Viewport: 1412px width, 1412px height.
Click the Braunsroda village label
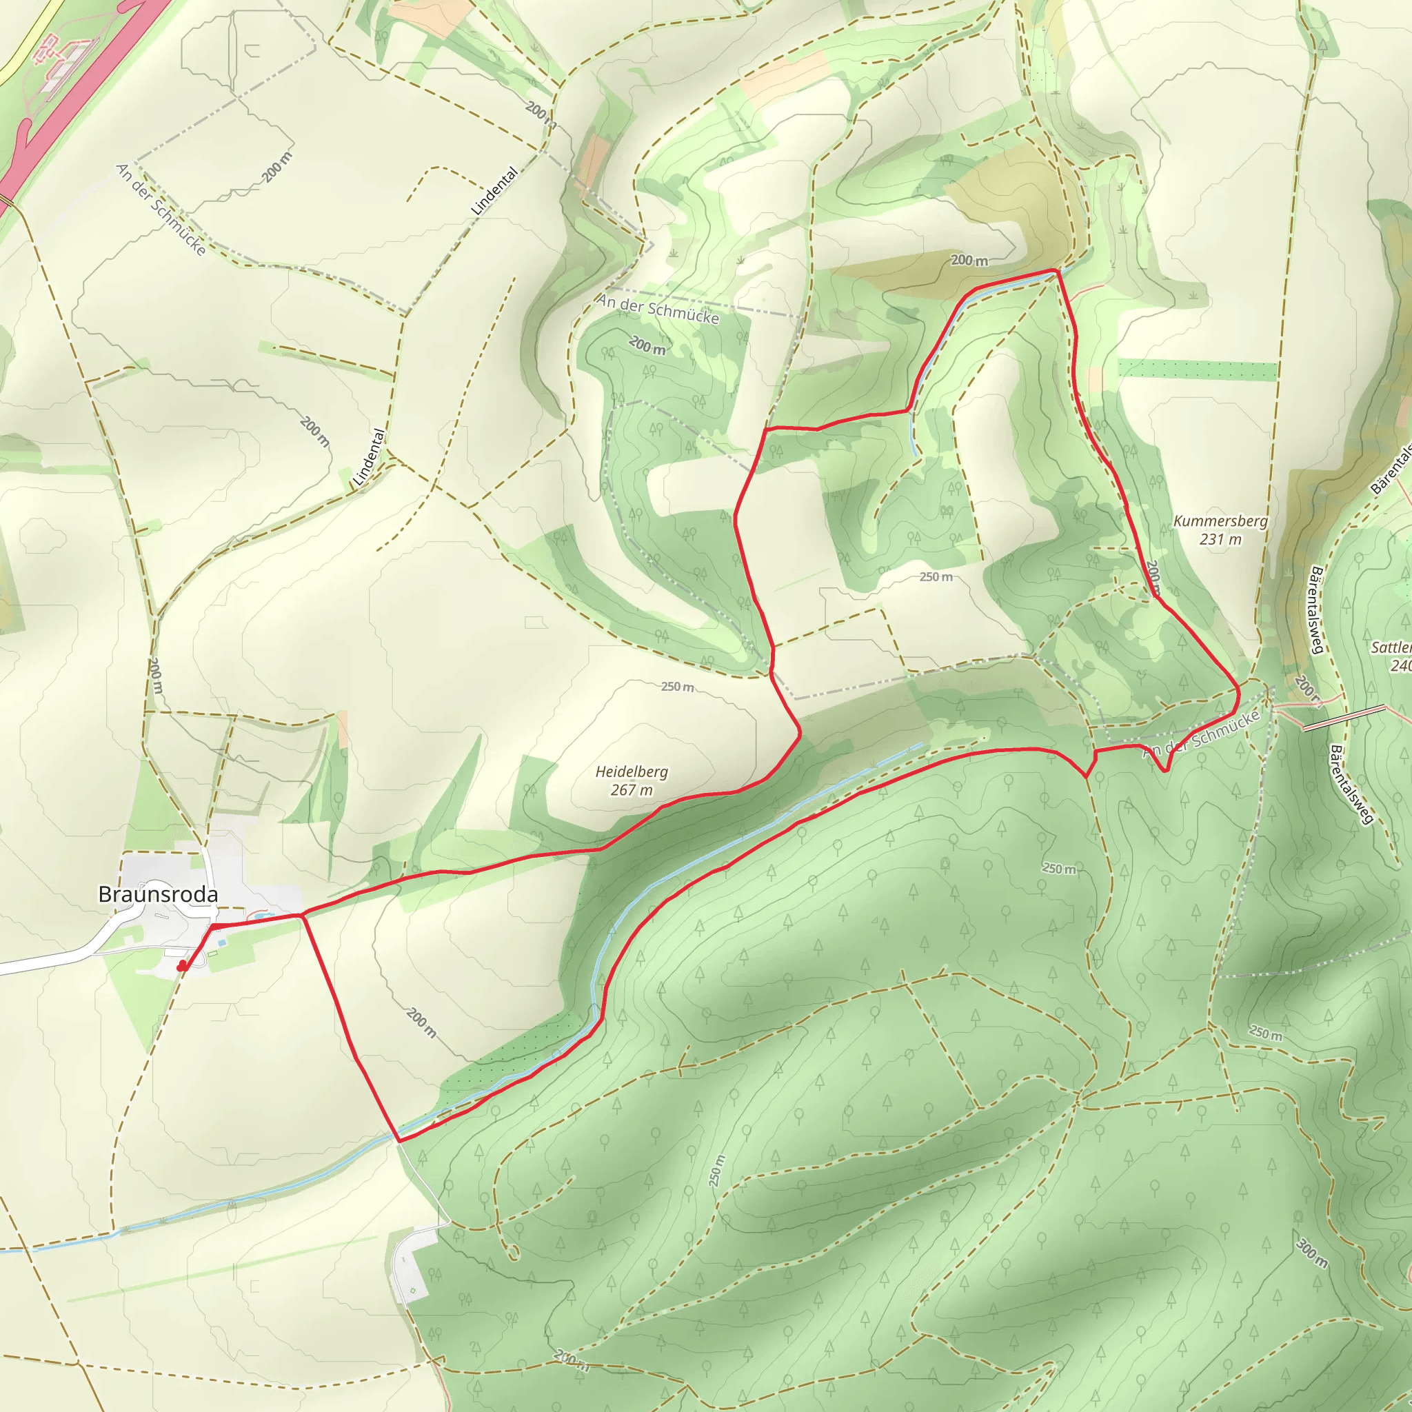(x=158, y=894)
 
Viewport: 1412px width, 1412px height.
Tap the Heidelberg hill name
(x=632, y=771)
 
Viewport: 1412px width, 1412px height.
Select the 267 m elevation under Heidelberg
(x=632, y=790)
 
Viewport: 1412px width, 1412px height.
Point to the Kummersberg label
(x=1220, y=521)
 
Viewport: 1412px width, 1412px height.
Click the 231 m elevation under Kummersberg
(x=1220, y=539)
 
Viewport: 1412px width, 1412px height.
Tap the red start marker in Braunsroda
(x=182, y=966)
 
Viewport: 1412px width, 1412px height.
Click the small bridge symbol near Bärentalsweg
(x=1343, y=718)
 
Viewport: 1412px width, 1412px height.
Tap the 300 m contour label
(x=1312, y=1253)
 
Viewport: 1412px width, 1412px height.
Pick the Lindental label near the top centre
(x=494, y=192)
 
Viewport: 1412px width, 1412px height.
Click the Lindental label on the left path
(x=369, y=458)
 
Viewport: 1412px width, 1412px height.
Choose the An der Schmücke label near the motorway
(x=161, y=210)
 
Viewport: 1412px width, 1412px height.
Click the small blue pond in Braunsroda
(x=260, y=914)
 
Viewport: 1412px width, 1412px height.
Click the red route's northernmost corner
(x=1056, y=270)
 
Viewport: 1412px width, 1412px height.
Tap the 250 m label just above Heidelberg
(x=678, y=687)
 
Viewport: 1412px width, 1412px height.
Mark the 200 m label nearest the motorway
(x=277, y=168)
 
